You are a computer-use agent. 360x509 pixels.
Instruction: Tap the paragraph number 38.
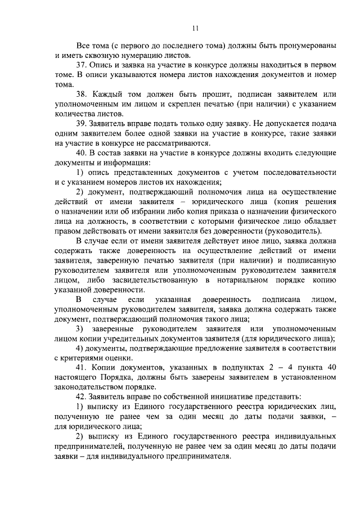tap(83, 94)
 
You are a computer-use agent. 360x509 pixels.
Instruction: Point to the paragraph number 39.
tap(83, 123)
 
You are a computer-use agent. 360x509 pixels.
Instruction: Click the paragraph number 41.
tap(83, 367)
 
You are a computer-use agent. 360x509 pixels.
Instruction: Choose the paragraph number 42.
tap(83, 396)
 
